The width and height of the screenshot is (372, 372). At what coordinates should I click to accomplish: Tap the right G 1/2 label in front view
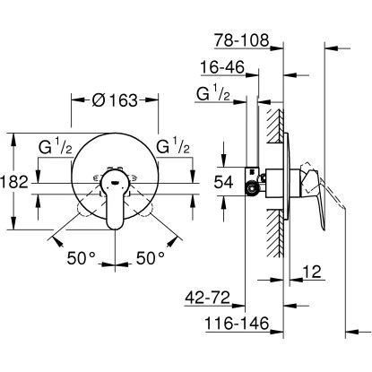pos(173,146)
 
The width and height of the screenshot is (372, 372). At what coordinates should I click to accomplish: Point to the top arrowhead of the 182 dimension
pos(13,136)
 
